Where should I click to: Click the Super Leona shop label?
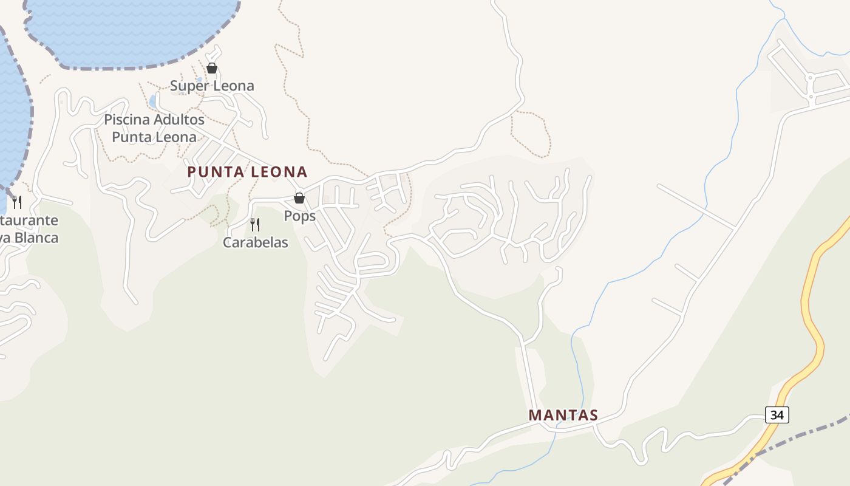[212, 86]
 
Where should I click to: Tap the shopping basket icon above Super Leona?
[212, 68]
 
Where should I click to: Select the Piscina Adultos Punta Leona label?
[154, 128]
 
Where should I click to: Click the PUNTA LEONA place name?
[247, 172]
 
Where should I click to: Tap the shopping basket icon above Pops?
[299, 197]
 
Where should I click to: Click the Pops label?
[300, 216]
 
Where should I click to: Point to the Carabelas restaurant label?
[255, 242]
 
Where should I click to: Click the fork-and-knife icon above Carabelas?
[255, 225]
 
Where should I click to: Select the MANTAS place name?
[563, 416]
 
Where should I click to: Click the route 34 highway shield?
[777, 415]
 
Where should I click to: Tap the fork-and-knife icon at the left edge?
[17, 202]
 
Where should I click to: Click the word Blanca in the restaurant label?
[36, 238]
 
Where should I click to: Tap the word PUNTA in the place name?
[211, 172]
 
